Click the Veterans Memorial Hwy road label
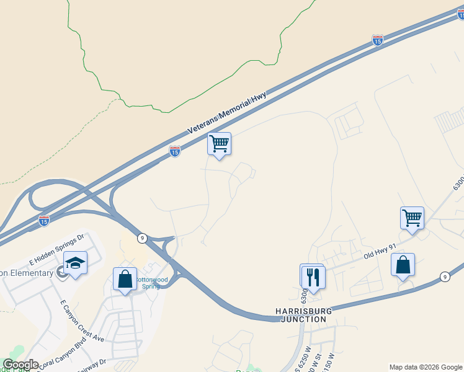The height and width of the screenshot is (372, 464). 227,113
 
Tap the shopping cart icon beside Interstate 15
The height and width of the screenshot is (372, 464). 219,143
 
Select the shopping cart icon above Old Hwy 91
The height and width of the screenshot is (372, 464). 412,218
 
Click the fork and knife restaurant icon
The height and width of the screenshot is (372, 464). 313,277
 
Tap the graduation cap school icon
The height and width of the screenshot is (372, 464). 75,263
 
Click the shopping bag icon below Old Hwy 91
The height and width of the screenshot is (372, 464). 403,265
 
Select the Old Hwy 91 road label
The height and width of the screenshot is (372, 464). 379,250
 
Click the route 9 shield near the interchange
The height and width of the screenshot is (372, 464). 142,237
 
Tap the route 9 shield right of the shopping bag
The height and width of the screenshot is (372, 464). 445,277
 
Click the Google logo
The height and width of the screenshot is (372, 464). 20,365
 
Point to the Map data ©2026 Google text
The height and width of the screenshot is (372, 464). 425,367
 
